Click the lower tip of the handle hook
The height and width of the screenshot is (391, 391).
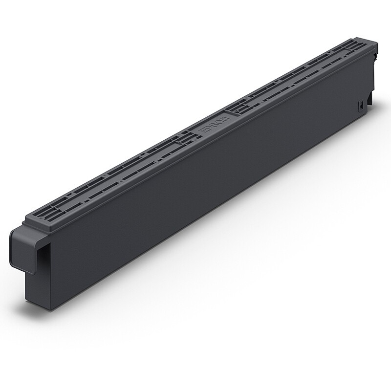(32, 273)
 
